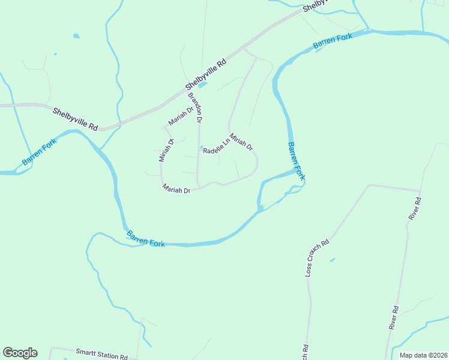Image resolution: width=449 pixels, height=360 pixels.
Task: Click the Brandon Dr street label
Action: tap(195, 108)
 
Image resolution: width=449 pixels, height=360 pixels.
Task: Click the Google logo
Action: tap(20, 353)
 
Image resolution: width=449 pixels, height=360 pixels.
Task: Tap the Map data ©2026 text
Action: tap(423, 355)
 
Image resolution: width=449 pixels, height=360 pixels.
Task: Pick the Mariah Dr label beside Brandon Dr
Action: tap(181, 115)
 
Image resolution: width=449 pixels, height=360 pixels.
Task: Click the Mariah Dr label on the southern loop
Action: tap(176, 188)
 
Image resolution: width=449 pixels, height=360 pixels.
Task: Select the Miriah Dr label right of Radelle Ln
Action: tap(241, 142)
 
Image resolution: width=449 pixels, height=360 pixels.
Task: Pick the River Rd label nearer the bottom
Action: tap(394, 317)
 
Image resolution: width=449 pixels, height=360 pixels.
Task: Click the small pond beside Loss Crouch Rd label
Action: tap(332, 260)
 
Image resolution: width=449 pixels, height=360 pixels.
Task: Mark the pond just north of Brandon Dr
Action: tap(202, 85)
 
